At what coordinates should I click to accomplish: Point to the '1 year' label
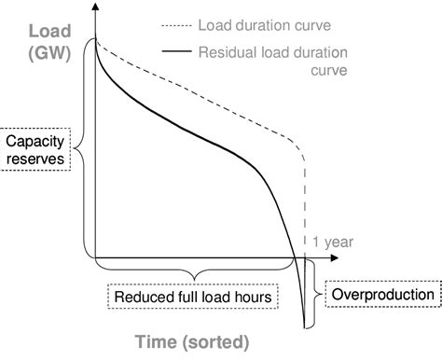335,242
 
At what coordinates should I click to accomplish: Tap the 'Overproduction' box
382,296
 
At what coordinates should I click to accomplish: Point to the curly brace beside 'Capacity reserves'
79,146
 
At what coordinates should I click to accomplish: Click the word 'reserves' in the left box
36,159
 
